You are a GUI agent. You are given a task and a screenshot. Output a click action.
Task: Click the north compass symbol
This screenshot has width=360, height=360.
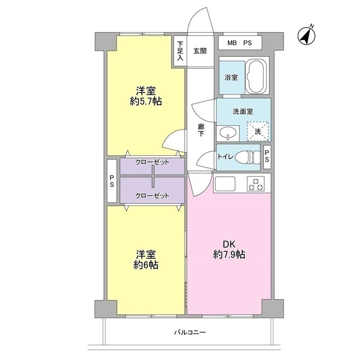[307, 36]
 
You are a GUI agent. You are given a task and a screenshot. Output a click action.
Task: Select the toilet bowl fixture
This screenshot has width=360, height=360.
[248, 157]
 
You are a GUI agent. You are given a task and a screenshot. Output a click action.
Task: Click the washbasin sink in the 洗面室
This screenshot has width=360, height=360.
[228, 133]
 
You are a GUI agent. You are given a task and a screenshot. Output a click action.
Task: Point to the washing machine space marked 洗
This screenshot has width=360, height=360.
[258, 131]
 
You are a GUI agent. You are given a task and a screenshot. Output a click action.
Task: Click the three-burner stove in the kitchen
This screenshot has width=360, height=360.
[255, 184]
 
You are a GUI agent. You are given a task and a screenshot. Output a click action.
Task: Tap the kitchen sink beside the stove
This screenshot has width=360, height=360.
[225, 184]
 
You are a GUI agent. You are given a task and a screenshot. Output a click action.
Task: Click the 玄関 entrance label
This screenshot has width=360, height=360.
[200, 51]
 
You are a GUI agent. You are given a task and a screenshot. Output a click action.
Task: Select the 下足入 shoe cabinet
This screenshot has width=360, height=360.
[180, 51]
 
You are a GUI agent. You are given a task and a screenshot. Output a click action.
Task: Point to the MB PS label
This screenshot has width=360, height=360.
[240, 43]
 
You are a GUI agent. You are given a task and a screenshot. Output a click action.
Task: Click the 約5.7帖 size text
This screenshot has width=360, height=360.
[146, 101]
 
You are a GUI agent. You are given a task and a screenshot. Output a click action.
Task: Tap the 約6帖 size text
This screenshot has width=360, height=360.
[146, 265]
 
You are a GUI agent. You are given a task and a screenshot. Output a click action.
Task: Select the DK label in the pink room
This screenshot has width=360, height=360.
[229, 244]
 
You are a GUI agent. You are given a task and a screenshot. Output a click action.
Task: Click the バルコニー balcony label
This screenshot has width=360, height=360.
[190, 332]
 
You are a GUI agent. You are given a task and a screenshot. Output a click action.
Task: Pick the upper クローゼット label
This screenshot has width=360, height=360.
[152, 162]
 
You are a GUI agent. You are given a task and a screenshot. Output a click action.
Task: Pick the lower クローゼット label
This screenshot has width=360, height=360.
[152, 196]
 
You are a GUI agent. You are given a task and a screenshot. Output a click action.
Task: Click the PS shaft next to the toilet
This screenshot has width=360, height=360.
[267, 156]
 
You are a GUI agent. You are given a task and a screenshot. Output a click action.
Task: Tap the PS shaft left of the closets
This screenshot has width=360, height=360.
[112, 181]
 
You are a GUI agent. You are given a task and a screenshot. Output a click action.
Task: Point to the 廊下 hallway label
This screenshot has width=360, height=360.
[201, 130]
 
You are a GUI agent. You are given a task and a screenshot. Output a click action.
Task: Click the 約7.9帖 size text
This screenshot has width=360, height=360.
[229, 255]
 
